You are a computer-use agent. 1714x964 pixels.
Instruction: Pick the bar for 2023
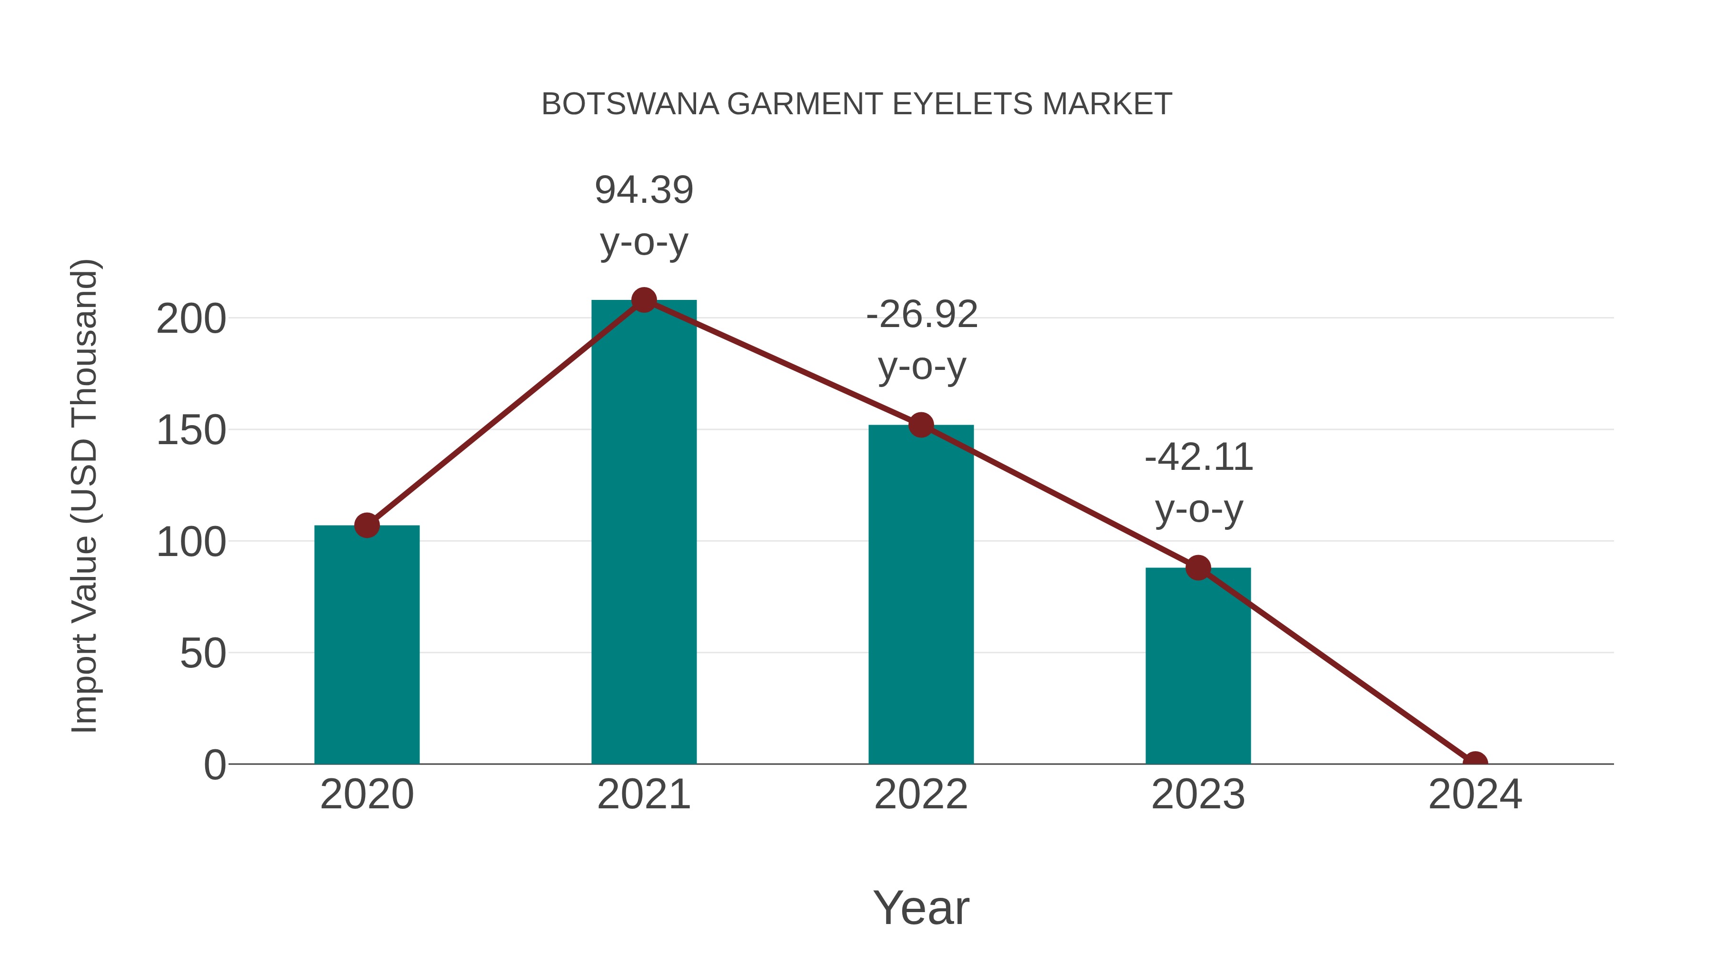point(1198,666)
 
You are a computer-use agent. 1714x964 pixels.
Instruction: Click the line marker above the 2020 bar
point(367,525)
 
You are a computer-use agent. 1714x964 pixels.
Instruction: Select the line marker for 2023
point(1198,567)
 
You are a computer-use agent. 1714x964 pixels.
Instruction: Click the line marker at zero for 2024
point(1475,763)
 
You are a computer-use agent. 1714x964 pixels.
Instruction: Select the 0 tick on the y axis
point(215,765)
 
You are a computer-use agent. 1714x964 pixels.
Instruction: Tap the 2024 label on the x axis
point(1475,795)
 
